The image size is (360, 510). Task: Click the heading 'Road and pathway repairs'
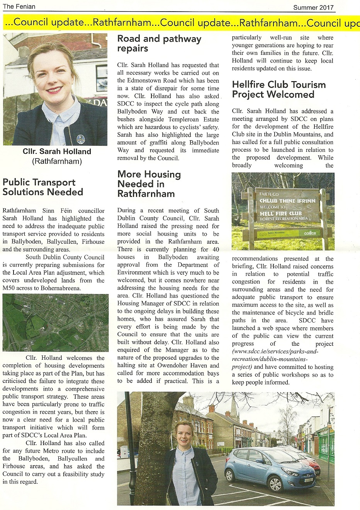point(159,44)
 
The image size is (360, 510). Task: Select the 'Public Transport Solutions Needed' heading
point(42,187)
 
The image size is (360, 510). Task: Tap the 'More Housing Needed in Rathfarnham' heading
point(149,184)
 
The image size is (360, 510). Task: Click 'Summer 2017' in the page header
point(313,7)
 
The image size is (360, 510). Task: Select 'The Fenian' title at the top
point(19,6)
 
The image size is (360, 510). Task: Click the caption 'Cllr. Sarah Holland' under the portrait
point(57,151)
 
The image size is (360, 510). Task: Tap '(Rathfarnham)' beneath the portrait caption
point(57,161)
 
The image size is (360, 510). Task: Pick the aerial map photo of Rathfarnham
point(55,323)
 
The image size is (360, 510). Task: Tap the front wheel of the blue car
point(275,483)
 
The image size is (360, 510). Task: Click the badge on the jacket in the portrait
point(80,138)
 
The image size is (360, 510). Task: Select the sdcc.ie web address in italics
point(275,355)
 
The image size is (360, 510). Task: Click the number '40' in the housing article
point(216,249)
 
